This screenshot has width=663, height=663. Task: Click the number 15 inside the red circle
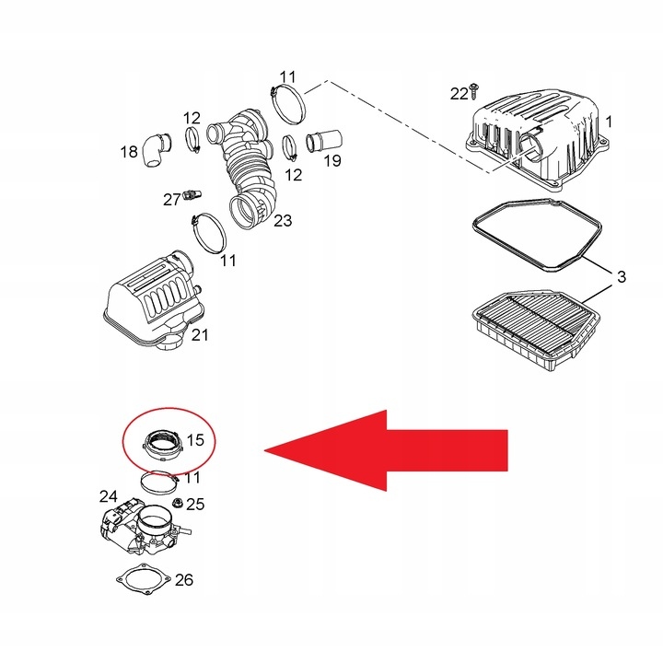pyautogui.click(x=194, y=440)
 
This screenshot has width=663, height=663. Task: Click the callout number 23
pyautogui.click(x=283, y=220)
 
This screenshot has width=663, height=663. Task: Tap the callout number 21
pyautogui.click(x=200, y=335)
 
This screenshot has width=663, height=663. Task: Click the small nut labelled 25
pyautogui.click(x=174, y=503)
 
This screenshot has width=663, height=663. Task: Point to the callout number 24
pyautogui.click(x=109, y=496)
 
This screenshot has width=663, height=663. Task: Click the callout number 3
pyautogui.click(x=621, y=275)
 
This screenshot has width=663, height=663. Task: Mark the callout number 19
pyautogui.click(x=331, y=162)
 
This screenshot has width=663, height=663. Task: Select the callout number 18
pyautogui.click(x=128, y=151)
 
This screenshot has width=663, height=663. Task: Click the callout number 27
pyautogui.click(x=172, y=198)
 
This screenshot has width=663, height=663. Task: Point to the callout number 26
pyautogui.click(x=184, y=580)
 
